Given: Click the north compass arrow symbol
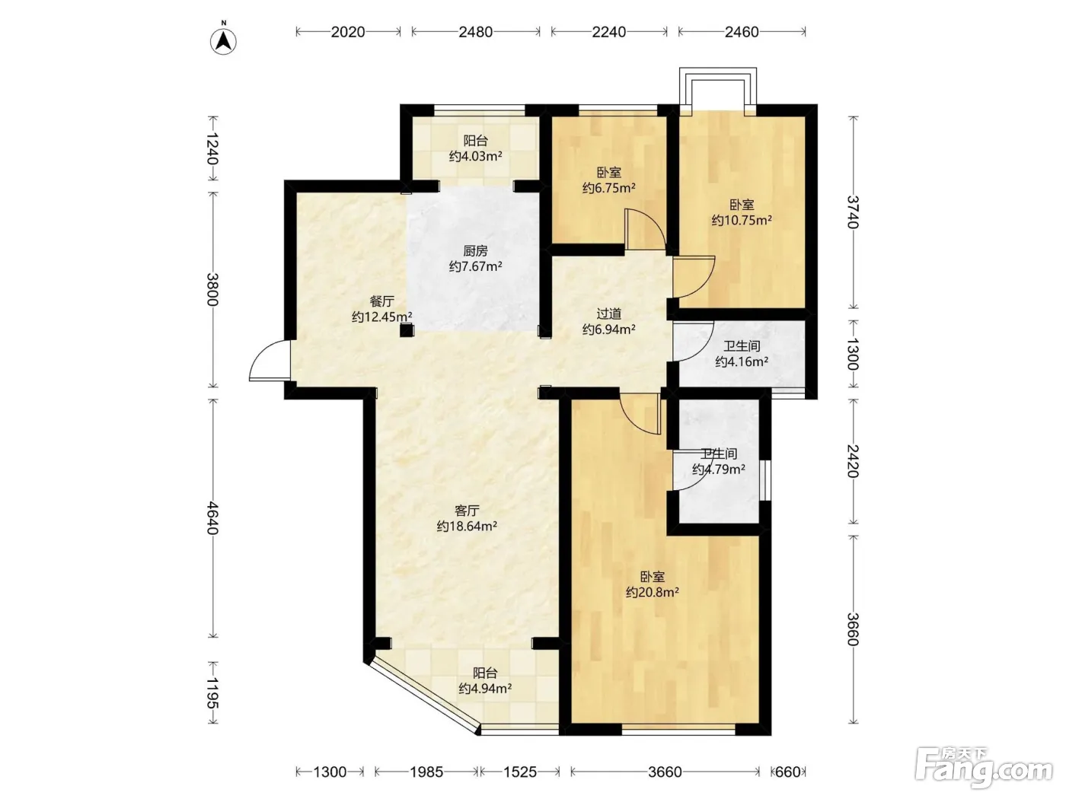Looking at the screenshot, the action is [223, 41].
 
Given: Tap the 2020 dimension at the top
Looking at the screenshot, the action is [348, 32].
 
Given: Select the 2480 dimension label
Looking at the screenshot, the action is [475, 32].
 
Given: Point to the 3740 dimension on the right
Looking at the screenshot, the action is [853, 212].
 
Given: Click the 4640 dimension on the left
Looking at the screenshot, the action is [212, 518].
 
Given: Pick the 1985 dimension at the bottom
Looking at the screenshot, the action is [426, 772].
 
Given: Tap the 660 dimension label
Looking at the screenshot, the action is [788, 772].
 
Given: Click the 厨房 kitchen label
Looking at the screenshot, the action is [475, 251].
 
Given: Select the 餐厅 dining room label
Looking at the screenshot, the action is [381, 301].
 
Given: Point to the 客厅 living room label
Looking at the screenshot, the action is [467, 511].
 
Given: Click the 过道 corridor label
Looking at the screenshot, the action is [609, 314].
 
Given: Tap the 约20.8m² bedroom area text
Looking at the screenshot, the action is [652, 592].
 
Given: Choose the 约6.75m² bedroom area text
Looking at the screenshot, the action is [609, 188].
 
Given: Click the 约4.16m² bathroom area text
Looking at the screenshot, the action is [742, 361].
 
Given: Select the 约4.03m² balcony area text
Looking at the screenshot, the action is [475, 156].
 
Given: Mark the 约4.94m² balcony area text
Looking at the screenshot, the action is [485, 689].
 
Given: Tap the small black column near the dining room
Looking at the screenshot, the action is [407, 331].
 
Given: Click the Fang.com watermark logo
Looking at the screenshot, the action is [984, 769].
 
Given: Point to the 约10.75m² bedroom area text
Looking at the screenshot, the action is [742, 220].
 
